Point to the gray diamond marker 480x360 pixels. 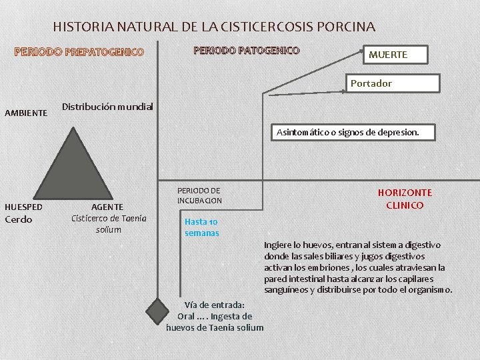pyautogui.click(x=159, y=309)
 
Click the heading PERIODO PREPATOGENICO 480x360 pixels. pyautogui.click(x=79, y=52)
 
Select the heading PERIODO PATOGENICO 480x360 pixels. pyautogui.click(x=246, y=51)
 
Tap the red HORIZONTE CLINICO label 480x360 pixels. pyautogui.click(x=405, y=199)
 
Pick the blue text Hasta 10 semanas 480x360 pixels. pyautogui.click(x=201, y=227)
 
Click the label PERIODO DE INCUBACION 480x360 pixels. pyautogui.click(x=199, y=195)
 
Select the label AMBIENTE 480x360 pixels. pyautogui.click(x=26, y=113)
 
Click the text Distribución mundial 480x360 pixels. pyautogui.click(x=107, y=107)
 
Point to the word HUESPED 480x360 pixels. pyautogui.click(x=23, y=207)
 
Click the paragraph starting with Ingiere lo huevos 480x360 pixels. pyautogui.click(x=358, y=267)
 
